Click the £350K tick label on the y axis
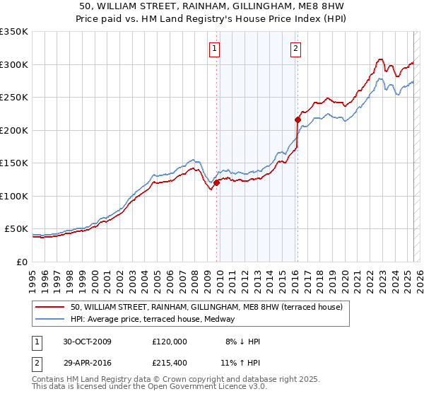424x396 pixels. tap(13, 32)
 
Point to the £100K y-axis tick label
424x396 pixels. tap(13, 196)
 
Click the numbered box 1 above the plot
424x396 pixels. tap(214, 49)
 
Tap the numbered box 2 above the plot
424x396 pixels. tap(295, 49)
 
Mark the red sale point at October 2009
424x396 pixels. tap(217, 183)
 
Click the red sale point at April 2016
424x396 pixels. tap(298, 120)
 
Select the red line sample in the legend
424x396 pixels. tap(52, 307)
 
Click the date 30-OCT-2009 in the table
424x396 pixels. tap(86, 342)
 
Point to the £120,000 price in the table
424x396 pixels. tap(169, 342)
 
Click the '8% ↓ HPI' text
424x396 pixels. tap(240, 342)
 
